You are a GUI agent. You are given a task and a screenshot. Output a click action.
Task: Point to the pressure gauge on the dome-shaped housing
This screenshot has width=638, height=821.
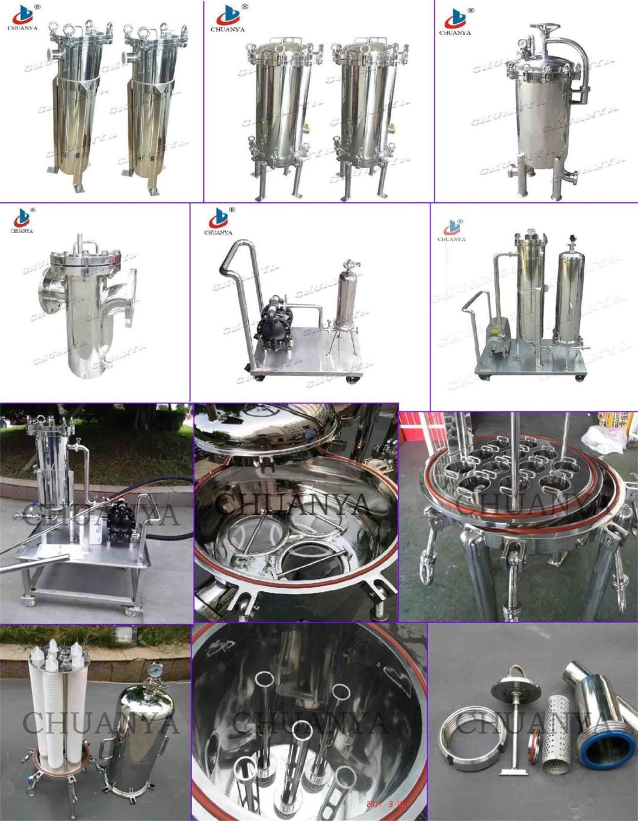155,669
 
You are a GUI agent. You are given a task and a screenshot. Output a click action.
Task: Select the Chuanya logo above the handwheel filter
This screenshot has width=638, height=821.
457,20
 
